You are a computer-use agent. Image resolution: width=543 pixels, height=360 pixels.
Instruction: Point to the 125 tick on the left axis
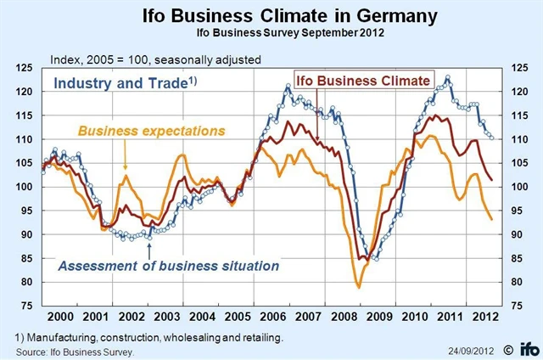25,67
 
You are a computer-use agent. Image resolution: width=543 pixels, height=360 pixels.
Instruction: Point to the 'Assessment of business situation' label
168,266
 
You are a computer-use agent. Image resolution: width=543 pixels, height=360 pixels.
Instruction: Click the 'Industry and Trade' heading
119,83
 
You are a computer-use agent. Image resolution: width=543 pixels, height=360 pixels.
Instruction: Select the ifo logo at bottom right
525,348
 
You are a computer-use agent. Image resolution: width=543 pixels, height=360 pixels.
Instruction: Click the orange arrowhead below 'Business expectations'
126,170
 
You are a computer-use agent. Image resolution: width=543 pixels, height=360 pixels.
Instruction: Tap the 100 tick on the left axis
25,187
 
